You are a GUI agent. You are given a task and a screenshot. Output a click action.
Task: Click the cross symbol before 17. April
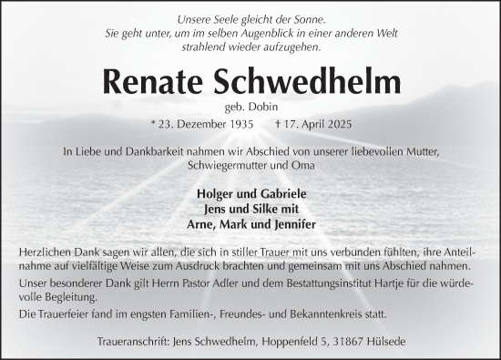pos(274,125)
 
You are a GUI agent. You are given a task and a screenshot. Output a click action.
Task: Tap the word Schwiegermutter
pos(214,166)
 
